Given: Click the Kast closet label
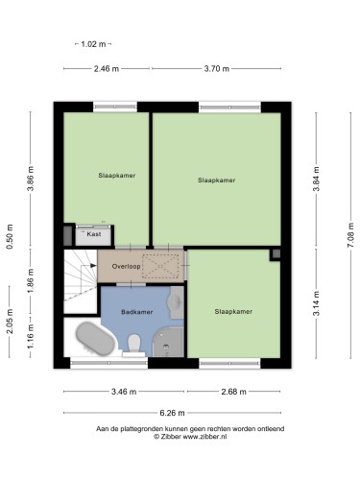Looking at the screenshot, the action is pos(94,234).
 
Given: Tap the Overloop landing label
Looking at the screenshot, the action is pos(126,266).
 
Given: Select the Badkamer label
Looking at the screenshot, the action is pos(137,312).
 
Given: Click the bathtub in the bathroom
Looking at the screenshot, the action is pos(95,339).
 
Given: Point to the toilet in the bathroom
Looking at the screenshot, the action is pos(134,344).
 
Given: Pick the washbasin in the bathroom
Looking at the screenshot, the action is pos(177,302).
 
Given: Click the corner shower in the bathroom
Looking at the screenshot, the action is pos(168,342).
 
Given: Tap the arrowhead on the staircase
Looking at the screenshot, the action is pos(93,266).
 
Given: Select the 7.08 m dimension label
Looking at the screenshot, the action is pos(351,235).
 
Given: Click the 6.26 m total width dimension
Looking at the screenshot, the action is pos(172,413).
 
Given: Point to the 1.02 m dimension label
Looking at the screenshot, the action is pos(93,44).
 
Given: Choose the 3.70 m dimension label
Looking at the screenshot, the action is pos(217,68).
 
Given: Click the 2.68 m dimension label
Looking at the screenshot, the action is pos(234,392).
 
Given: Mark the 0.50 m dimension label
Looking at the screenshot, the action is pos(10,236).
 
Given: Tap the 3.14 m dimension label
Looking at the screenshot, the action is pos(317,303).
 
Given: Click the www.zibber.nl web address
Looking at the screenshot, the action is pos(204,437).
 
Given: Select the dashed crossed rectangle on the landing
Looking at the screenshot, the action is pos(160,266).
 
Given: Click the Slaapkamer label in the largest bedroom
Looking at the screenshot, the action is pos(217,180).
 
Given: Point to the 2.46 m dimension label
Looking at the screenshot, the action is pos(107,68).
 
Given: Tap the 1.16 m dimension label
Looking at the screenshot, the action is pos(31,337).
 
